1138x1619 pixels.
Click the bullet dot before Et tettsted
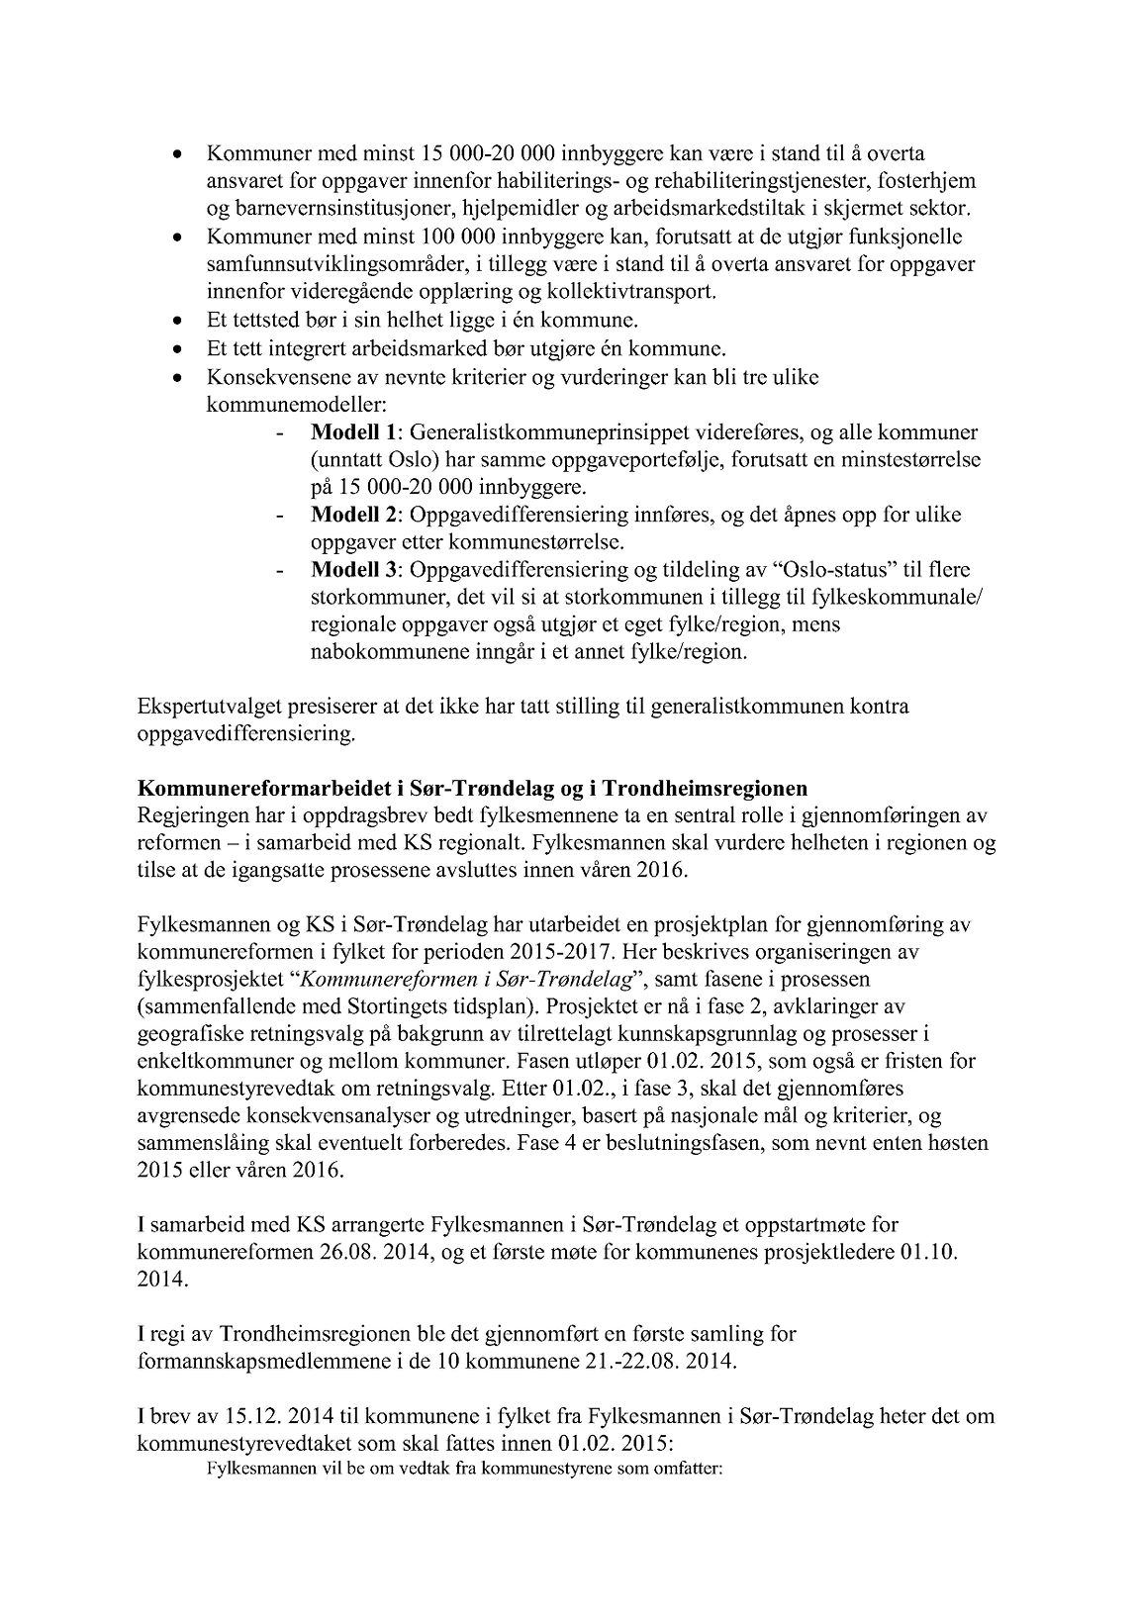point(177,322)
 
